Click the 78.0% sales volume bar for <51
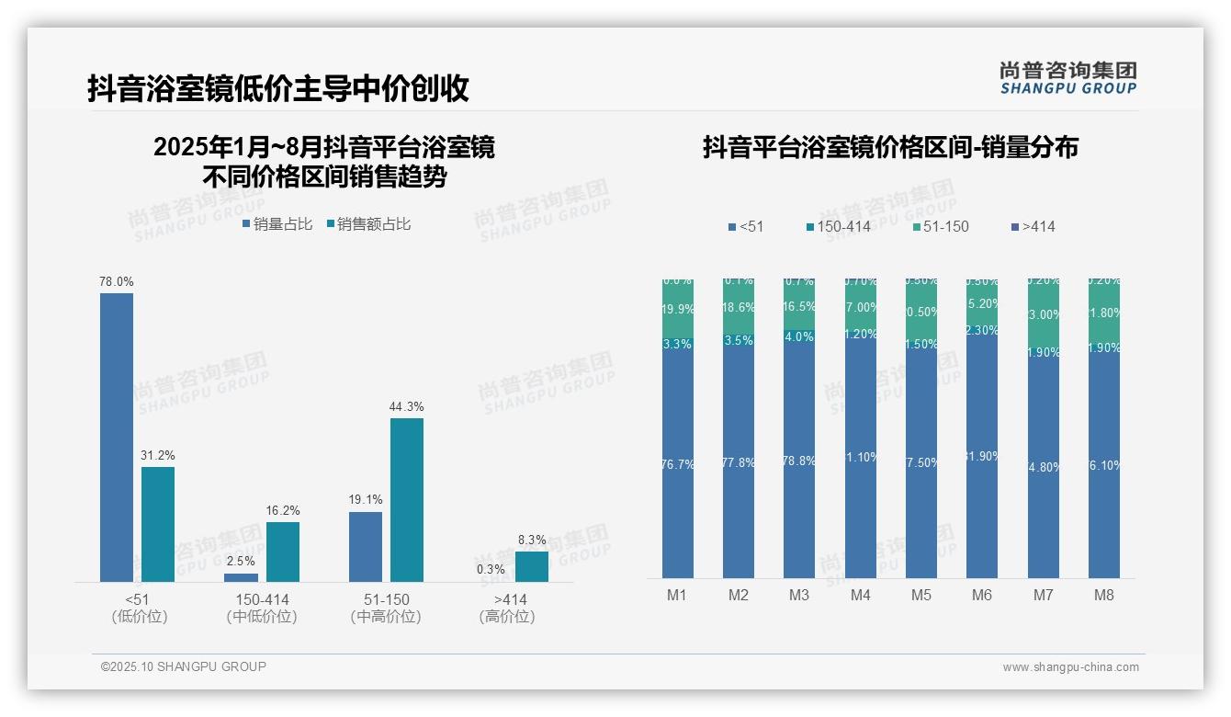[117, 437]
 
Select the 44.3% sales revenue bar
[407, 500]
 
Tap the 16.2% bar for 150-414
[283, 552]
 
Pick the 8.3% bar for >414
[531, 566]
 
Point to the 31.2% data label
[158, 455]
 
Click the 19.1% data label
[366, 500]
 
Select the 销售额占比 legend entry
[369, 223]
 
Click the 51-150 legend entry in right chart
[942, 226]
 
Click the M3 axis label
[799, 596]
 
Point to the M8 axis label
[1103, 596]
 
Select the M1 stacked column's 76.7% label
[677, 464]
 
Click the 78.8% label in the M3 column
[799, 461]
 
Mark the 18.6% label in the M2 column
[738, 308]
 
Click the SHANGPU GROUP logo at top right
[1068, 78]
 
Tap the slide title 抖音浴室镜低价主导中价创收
[278, 89]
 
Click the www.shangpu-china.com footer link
[1070, 667]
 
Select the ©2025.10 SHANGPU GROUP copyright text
[184, 666]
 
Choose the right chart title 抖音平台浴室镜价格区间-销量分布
[890, 147]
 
